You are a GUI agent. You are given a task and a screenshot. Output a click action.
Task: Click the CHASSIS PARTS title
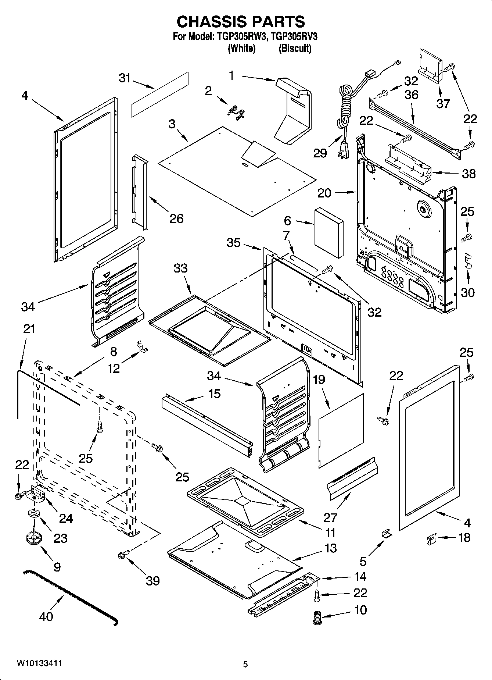(x=241, y=22)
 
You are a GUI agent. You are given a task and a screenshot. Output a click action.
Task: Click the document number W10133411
(x=39, y=663)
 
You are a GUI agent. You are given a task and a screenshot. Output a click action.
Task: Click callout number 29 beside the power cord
(x=320, y=153)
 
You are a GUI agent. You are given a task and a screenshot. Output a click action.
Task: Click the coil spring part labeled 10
(x=316, y=618)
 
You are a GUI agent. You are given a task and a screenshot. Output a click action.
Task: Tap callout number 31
(x=125, y=78)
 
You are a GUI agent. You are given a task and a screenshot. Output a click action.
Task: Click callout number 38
(x=468, y=174)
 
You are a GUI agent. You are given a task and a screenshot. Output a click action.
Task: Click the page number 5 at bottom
(x=245, y=664)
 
